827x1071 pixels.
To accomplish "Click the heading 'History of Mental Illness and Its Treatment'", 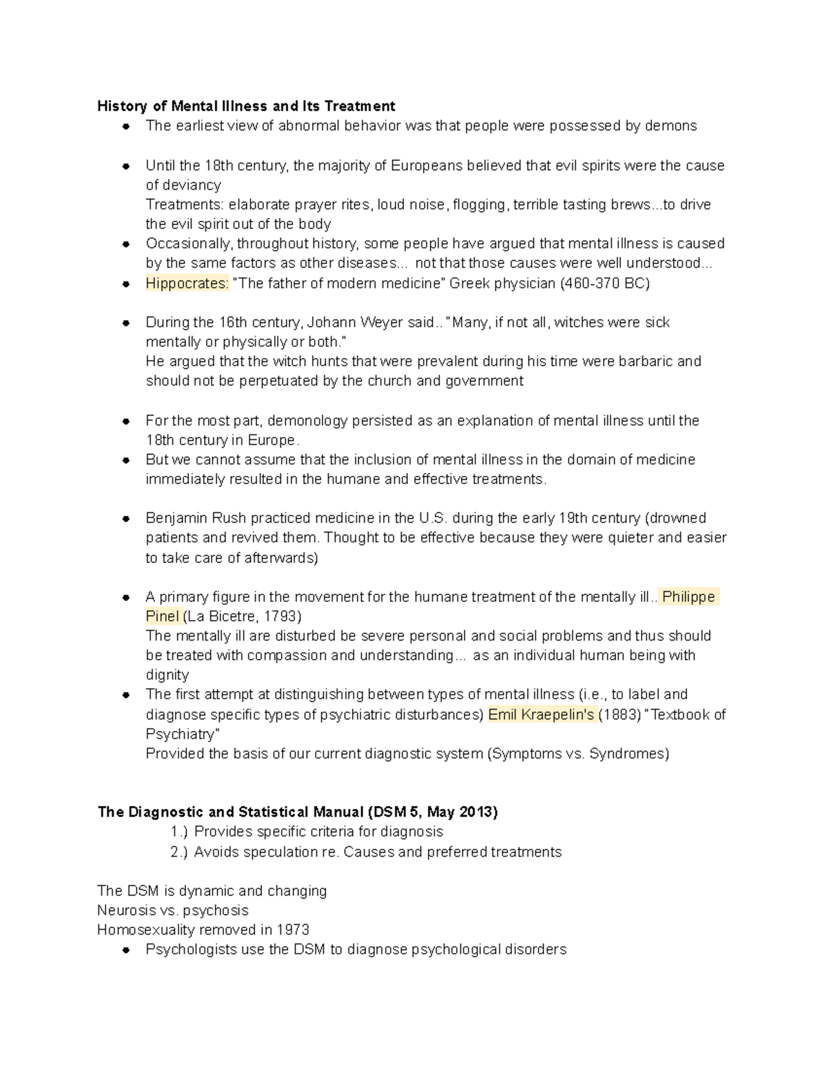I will pyautogui.click(x=246, y=106).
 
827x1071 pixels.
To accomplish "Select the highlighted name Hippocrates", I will pyautogui.click(x=187, y=283).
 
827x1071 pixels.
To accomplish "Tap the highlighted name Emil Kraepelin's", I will pyautogui.click(x=541, y=714).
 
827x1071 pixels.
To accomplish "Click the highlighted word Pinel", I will pyautogui.click(x=163, y=617).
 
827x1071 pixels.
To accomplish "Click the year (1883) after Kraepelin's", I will pyautogui.click(x=618, y=714).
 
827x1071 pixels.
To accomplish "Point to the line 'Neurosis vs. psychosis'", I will pyautogui.click(x=172, y=911).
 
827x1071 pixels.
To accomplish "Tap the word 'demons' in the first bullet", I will pyautogui.click(x=671, y=126).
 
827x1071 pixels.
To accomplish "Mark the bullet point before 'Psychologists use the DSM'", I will pyautogui.click(x=126, y=950).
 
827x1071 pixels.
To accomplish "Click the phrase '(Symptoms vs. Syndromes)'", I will pyautogui.click(x=578, y=754).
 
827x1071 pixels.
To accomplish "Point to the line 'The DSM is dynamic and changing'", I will pyautogui.click(x=212, y=891).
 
